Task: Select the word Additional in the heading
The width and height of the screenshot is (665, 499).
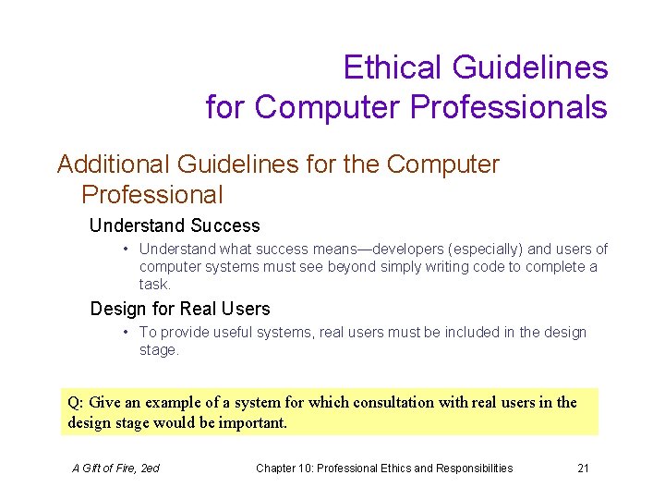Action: pyautogui.click(x=112, y=164)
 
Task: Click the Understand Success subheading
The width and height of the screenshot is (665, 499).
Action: pyautogui.click(x=175, y=225)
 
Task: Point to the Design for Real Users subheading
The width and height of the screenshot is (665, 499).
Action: pyautogui.click(x=179, y=309)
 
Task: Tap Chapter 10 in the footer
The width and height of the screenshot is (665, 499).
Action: pyautogui.click(x=287, y=469)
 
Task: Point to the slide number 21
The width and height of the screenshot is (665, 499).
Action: pyautogui.click(x=583, y=469)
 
